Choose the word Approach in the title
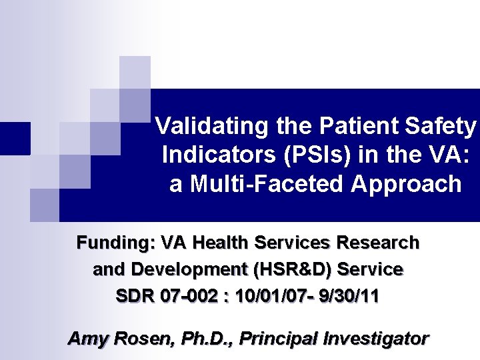pos(413,183)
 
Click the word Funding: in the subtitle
pos(115,243)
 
